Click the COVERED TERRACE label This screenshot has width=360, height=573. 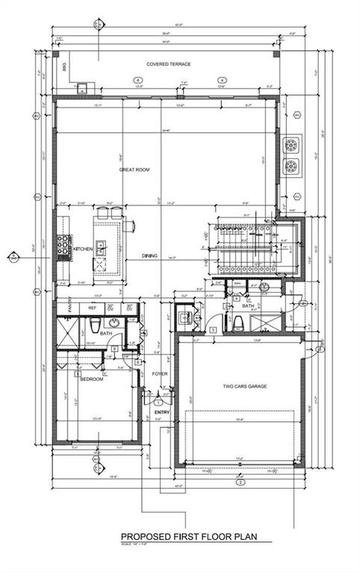pos(168,64)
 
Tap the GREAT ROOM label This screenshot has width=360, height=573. pos(134,170)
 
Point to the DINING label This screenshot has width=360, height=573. pos(149,256)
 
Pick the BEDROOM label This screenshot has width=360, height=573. pos(93,379)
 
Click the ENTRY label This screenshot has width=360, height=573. pos(162,412)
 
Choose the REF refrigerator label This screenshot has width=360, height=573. pos(93,307)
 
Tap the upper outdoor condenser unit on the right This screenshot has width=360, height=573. pos(291,143)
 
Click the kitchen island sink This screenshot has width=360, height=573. pos(101,250)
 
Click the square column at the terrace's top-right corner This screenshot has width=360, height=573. pos(275,55)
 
